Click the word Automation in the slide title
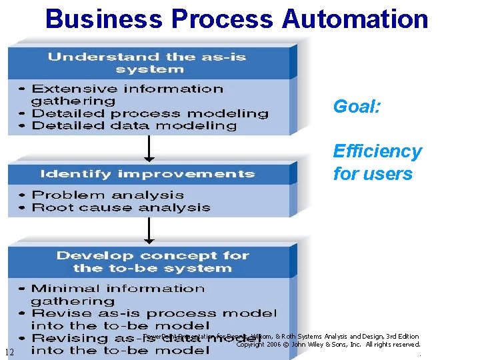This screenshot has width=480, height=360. (x=355, y=18)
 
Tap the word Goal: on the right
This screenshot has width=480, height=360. (x=357, y=106)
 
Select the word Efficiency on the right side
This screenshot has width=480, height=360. (x=377, y=151)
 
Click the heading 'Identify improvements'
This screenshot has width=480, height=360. (x=147, y=174)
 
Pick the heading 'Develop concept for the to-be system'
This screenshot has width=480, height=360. (x=153, y=262)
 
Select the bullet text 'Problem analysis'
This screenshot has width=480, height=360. (x=107, y=195)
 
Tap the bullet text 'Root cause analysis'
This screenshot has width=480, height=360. (x=121, y=207)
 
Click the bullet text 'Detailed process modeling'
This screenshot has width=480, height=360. (x=150, y=113)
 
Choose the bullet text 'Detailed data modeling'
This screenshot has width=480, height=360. (x=134, y=125)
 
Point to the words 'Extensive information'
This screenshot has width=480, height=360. (x=127, y=89)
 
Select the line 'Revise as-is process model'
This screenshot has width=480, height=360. (x=154, y=313)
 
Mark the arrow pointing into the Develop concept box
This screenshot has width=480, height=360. (x=149, y=230)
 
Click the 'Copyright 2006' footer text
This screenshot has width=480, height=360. (x=260, y=345)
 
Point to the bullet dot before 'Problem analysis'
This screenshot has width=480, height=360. (x=23, y=195)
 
